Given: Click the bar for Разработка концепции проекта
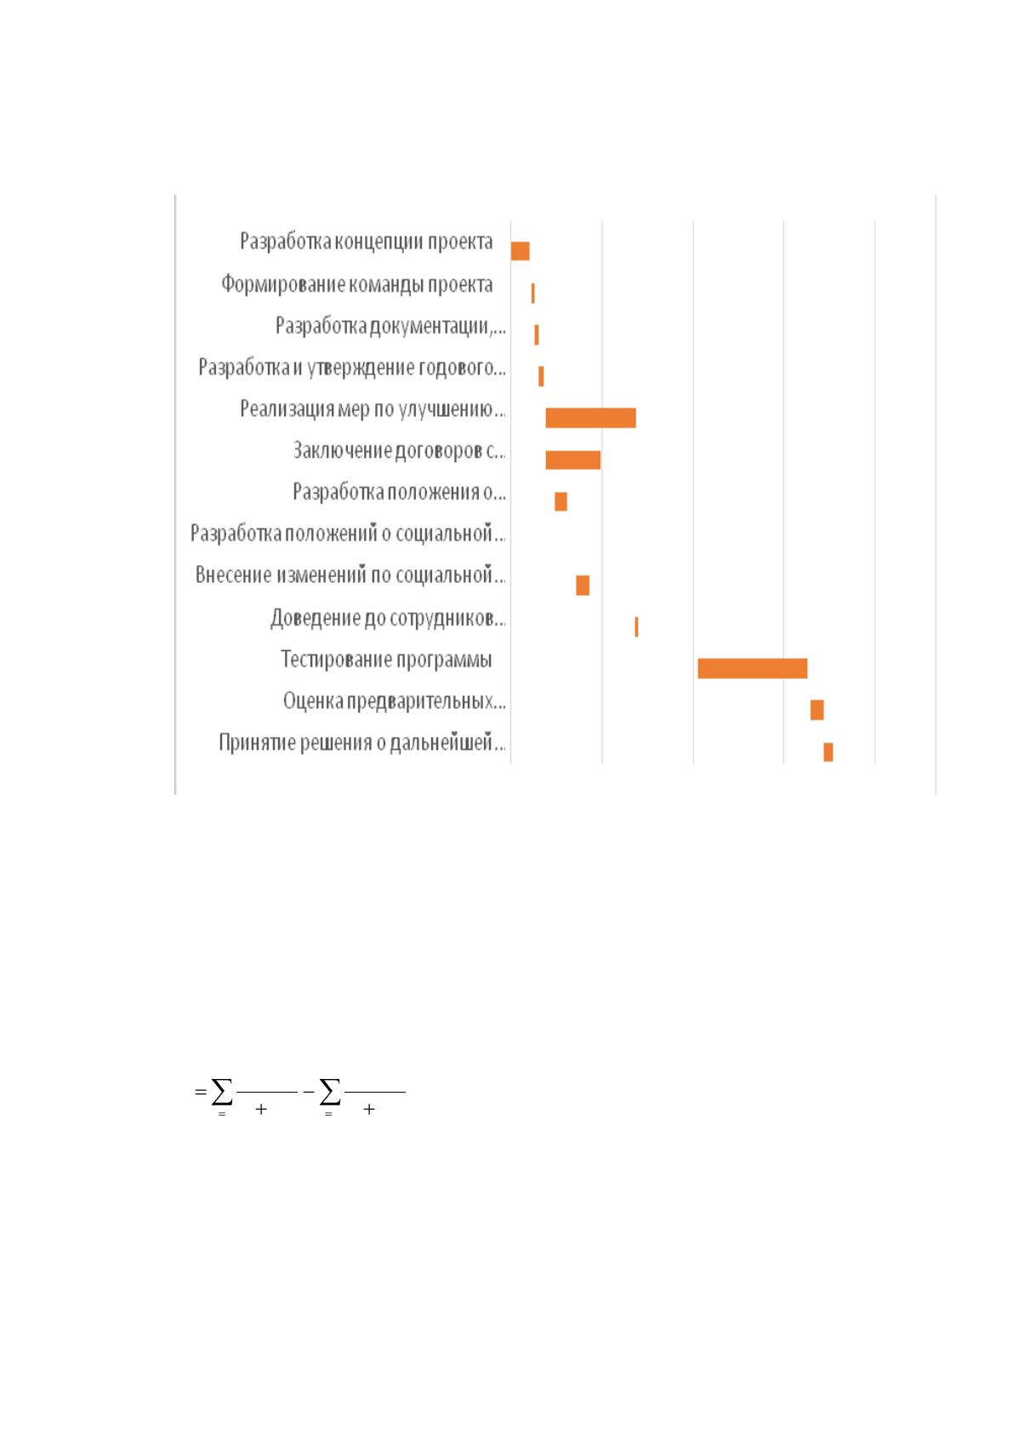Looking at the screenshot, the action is (x=520, y=251).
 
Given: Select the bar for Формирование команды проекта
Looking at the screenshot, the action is (x=532, y=293).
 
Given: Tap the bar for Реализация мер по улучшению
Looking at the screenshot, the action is (x=590, y=418).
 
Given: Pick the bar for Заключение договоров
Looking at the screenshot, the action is (x=572, y=460).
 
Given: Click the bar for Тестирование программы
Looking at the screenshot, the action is (x=752, y=668).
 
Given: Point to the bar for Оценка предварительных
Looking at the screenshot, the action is (x=817, y=710).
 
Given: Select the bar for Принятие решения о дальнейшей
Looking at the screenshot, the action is (x=828, y=751).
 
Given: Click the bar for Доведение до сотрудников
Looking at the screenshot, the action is (x=636, y=627).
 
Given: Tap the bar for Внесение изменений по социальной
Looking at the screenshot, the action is (x=583, y=585).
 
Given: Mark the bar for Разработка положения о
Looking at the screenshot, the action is (x=561, y=501).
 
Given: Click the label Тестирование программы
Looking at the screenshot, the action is (x=386, y=659).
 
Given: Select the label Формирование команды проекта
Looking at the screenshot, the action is (x=357, y=284).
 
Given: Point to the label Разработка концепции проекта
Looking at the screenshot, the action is (x=367, y=242).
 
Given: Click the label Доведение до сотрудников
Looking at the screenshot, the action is (x=388, y=618).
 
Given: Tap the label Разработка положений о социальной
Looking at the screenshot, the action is (x=348, y=534).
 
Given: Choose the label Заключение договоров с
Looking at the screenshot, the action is (x=400, y=450).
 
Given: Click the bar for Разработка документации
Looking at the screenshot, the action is (x=537, y=334).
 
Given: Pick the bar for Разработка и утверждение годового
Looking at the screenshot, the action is (x=541, y=376).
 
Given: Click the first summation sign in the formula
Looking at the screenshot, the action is (x=222, y=1092).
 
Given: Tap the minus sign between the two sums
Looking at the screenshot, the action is (x=309, y=1092).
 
